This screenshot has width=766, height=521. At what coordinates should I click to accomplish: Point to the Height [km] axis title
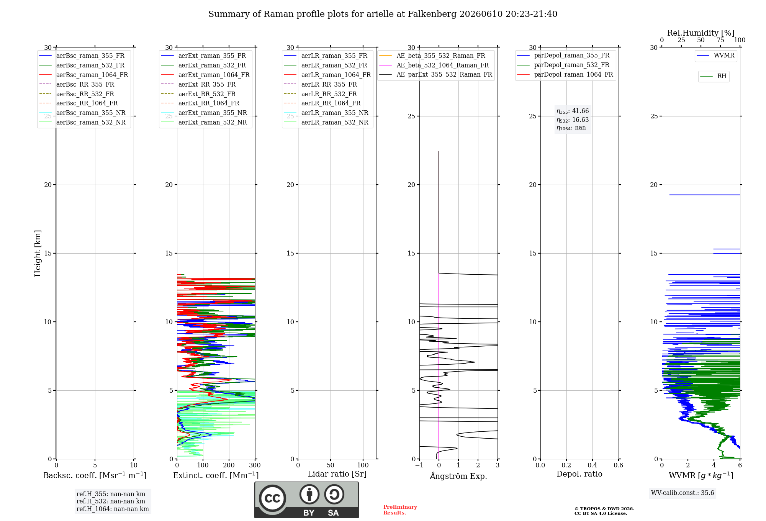point(38,253)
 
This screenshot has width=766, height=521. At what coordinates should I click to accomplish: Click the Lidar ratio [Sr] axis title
point(337,474)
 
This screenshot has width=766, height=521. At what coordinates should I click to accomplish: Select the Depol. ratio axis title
point(579,474)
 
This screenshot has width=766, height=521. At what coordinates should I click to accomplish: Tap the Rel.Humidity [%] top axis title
point(701,33)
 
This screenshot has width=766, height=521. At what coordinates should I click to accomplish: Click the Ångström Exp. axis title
point(458,476)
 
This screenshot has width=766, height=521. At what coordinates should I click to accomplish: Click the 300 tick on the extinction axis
point(255,465)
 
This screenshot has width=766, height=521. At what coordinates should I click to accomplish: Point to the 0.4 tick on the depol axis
point(592,465)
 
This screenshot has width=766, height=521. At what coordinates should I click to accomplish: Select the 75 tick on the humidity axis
point(720,40)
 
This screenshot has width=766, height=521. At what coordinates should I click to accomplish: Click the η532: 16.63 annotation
point(573,120)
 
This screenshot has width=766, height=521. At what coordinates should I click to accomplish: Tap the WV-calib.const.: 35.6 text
point(683,493)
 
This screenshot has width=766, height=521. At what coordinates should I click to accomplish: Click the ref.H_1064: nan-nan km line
point(113,509)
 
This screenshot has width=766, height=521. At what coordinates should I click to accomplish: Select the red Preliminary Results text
point(400,510)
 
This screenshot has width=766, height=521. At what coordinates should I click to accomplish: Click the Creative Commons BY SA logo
point(306,500)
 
